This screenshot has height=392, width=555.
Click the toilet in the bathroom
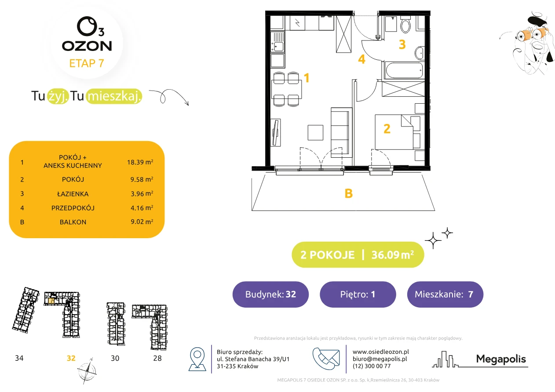(405, 24)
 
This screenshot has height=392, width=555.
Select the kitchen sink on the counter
(277, 42)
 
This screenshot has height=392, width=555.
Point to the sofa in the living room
(341, 132)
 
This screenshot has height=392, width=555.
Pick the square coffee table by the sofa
(315, 132)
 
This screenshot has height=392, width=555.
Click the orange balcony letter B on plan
(348, 193)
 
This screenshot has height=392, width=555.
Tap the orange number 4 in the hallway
(362, 59)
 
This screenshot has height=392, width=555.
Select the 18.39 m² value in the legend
(140, 162)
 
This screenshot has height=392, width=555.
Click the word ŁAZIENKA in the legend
(73, 194)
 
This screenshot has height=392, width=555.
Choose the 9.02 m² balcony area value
(142, 221)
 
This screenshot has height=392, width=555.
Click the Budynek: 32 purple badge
(270, 294)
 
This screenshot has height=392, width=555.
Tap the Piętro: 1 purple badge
(358, 294)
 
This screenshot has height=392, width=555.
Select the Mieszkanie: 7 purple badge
(445, 294)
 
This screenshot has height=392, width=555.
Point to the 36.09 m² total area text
(392, 254)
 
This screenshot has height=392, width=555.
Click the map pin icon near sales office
(197, 359)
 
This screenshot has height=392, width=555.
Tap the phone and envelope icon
(326, 358)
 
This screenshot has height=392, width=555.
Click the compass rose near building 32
(87, 371)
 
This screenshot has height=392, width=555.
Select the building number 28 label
(157, 358)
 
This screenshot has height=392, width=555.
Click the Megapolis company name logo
(501, 359)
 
